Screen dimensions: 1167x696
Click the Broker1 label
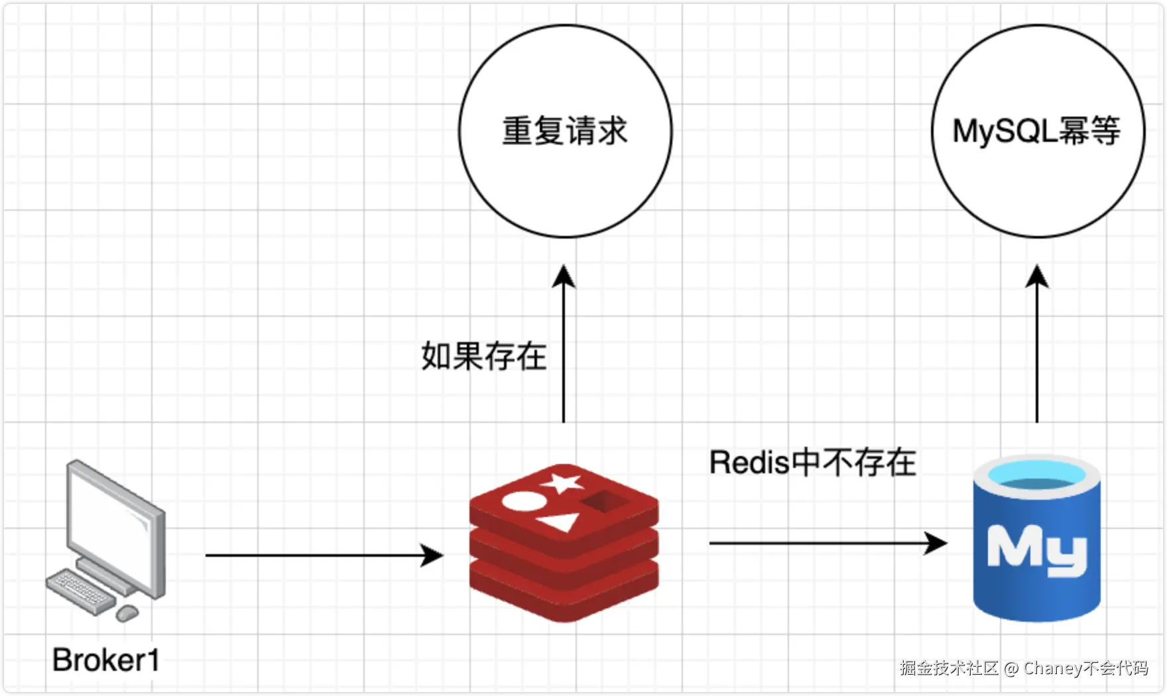point(106,660)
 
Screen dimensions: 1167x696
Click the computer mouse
point(127,613)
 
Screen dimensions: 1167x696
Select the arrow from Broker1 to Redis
point(324,555)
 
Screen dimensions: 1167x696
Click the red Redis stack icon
point(564,543)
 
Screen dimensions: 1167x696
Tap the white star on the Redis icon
point(562,483)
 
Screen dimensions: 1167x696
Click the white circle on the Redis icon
point(522,501)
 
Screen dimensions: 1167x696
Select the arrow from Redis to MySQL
point(828,543)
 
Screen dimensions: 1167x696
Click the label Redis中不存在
point(813,462)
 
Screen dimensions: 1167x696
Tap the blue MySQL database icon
point(1036,538)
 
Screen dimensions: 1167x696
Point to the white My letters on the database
point(1036,550)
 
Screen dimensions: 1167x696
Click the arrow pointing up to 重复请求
point(564,343)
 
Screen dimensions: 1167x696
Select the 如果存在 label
point(484,356)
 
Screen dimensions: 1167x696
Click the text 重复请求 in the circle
point(565,131)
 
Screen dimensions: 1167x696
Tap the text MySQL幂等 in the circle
point(1036,131)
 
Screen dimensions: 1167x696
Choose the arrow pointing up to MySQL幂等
point(1037,343)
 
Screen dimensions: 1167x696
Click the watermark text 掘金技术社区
point(949,667)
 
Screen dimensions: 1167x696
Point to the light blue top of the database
point(1036,475)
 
